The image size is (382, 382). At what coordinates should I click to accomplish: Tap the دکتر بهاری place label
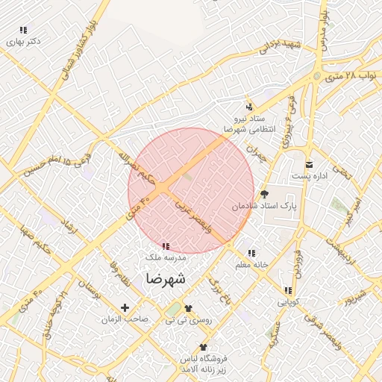[x=24, y=42]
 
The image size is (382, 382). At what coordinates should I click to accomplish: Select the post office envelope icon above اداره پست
[x=309, y=165]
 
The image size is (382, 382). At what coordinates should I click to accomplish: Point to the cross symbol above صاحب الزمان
[x=125, y=307]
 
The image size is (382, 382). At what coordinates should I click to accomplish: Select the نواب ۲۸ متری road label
[x=354, y=76]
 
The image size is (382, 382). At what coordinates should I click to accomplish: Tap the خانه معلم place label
[x=251, y=265]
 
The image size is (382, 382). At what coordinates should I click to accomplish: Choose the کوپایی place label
[x=288, y=302]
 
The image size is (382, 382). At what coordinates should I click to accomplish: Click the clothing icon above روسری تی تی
[x=187, y=307]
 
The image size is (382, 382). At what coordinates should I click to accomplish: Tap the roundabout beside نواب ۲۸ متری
[x=318, y=75]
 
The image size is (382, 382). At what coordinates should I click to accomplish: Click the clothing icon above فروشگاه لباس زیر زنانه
[x=203, y=347]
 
